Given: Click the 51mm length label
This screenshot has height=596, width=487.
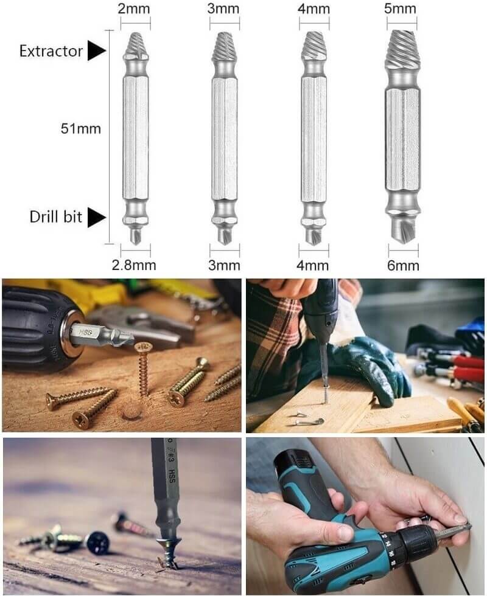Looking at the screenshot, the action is pyautogui.click(x=81, y=129).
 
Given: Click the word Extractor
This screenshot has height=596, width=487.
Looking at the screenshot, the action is pyautogui.click(x=51, y=51).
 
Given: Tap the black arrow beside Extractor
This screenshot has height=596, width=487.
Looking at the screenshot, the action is pyautogui.click(x=97, y=50).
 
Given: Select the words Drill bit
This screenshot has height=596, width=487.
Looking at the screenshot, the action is pyautogui.click(x=55, y=217).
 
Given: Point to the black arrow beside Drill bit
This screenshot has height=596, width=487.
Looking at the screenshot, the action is pyautogui.click(x=97, y=218).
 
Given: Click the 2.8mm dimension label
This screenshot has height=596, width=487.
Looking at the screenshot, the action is pyautogui.click(x=134, y=265).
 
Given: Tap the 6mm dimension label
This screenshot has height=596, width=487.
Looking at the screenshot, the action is pyautogui.click(x=403, y=265).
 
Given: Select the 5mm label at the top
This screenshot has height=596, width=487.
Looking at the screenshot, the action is pyautogui.click(x=400, y=9).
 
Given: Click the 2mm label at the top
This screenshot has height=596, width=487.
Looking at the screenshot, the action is pyautogui.click(x=133, y=9).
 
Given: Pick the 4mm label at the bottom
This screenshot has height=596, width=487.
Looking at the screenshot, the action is pyautogui.click(x=313, y=265).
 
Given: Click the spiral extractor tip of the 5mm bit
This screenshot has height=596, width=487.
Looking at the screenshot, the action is pyautogui.click(x=403, y=49).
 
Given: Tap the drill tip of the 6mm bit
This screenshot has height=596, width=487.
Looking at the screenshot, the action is pyautogui.click(x=404, y=229).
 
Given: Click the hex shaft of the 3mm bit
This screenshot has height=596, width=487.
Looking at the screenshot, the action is pyautogui.click(x=225, y=139).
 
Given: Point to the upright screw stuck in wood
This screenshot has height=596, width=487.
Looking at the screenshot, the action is pyautogui.click(x=143, y=369).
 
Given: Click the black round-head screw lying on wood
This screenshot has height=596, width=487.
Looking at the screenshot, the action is pyautogui.click(x=98, y=542).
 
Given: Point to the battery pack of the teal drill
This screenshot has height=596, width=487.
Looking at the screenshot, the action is pyautogui.click(x=301, y=471).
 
